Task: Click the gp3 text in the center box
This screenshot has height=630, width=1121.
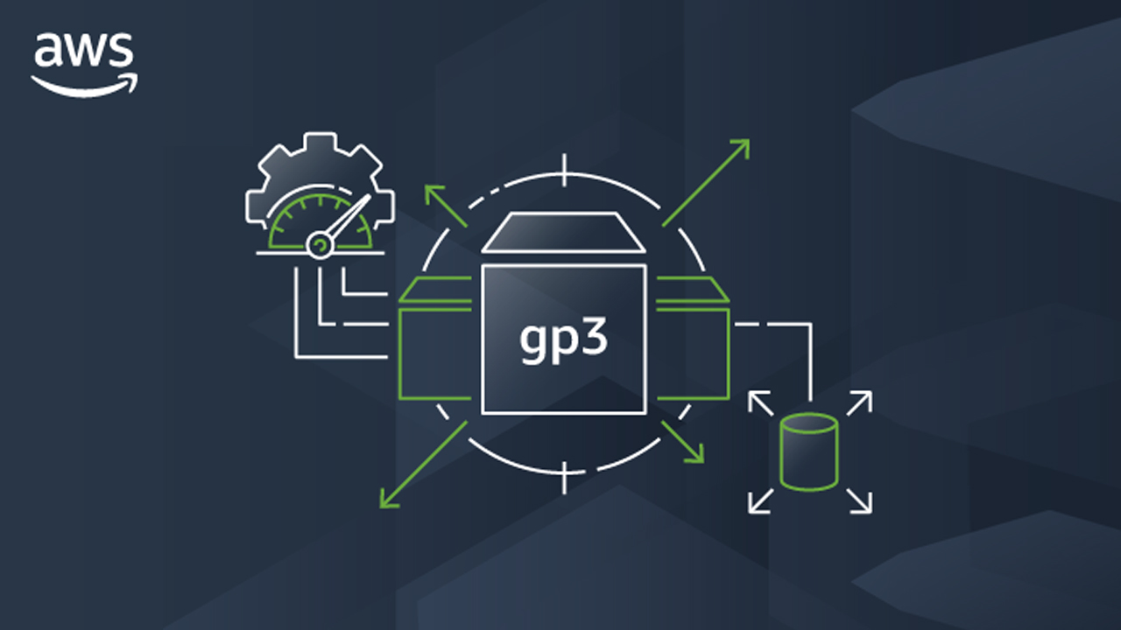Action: pyautogui.click(x=563, y=341)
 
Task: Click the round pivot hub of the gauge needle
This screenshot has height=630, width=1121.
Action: pyautogui.click(x=320, y=245)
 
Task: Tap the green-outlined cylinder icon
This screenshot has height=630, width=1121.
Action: pyautogui.click(x=809, y=452)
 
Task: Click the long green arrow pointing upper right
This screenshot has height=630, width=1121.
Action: pyautogui.click(x=706, y=183)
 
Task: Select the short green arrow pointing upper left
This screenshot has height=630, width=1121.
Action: pyautogui.click(x=446, y=206)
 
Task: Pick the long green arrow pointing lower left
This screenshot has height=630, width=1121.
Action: pyautogui.click(x=423, y=465)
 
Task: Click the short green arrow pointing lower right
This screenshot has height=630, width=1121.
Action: pyautogui.click(x=682, y=442)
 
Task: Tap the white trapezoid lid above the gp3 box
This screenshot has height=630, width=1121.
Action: pyautogui.click(x=563, y=232)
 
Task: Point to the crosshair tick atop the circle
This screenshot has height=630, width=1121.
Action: pyautogui.click(x=565, y=171)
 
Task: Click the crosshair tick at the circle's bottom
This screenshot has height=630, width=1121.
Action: pyautogui.click(x=565, y=479)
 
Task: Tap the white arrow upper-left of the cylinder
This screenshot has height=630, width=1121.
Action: pyautogui.click(x=760, y=403)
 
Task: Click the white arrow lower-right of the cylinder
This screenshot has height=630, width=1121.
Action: pyautogui.click(x=860, y=501)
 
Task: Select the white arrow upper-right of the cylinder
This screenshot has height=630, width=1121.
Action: pyautogui.click(x=860, y=403)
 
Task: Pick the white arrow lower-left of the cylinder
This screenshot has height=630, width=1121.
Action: pyautogui.click(x=760, y=501)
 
